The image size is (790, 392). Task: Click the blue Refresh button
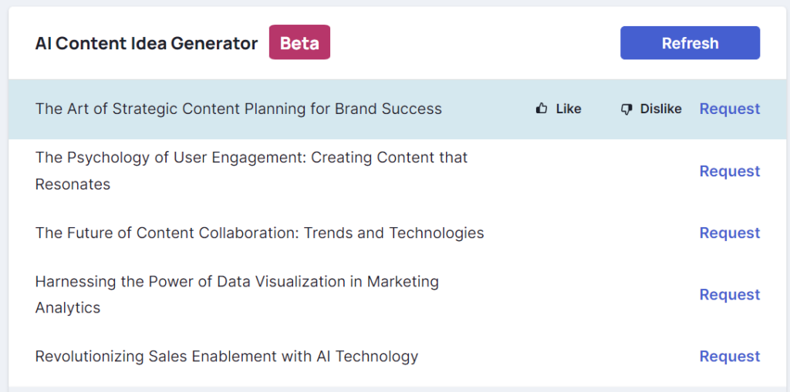tap(690, 43)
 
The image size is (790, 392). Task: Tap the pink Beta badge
tap(299, 42)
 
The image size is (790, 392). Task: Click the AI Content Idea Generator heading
tap(146, 43)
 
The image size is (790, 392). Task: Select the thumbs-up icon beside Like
tap(542, 108)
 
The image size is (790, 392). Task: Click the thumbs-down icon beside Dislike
tap(626, 109)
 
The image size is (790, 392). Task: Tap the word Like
tap(569, 109)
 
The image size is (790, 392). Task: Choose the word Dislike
tap(660, 109)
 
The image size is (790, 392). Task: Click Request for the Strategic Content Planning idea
tap(730, 109)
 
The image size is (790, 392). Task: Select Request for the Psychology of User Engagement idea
tap(730, 171)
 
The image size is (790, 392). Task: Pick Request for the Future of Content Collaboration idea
tap(730, 233)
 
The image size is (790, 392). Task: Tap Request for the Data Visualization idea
tap(730, 294)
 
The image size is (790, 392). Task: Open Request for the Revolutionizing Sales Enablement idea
tap(730, 357)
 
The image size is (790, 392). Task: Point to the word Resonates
tap(73, 184)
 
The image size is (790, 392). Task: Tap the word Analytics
tap(68, 307)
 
